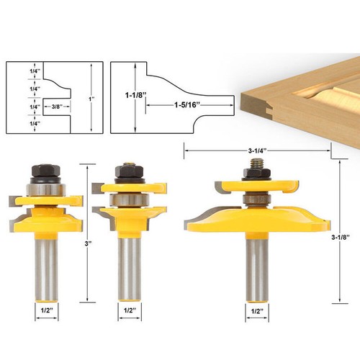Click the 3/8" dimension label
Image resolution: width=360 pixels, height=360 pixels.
(57, 107)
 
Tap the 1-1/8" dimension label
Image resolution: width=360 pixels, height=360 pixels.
(135, 95)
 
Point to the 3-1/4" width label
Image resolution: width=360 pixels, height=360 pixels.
(258, 150)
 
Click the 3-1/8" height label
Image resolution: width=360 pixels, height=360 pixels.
(340, 238)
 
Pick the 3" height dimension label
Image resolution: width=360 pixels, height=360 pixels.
(89, 243)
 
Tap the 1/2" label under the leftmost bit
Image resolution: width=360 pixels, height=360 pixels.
(47, 310)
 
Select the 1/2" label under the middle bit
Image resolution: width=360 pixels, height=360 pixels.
(130, 310)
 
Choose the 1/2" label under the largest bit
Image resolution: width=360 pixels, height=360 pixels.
(257, 311)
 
